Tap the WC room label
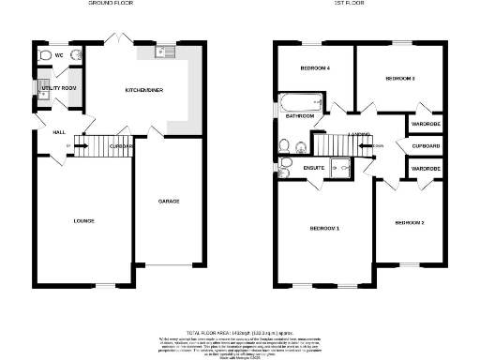click(58, 56)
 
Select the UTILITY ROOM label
click(59, 87)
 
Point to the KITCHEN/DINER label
click(144, 90)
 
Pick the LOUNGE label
click(84, 220)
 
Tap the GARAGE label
click(169, 201)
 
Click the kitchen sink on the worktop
click(159, 52)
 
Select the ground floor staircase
click(93, 147)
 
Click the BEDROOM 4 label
click(315, 68)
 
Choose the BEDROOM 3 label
click(400, 79)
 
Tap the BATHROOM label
click(299, 116)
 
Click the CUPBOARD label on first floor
click(426, 146)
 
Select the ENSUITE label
click(314, 168)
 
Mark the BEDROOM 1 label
click(324, 228)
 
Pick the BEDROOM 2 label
click(410, 222)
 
